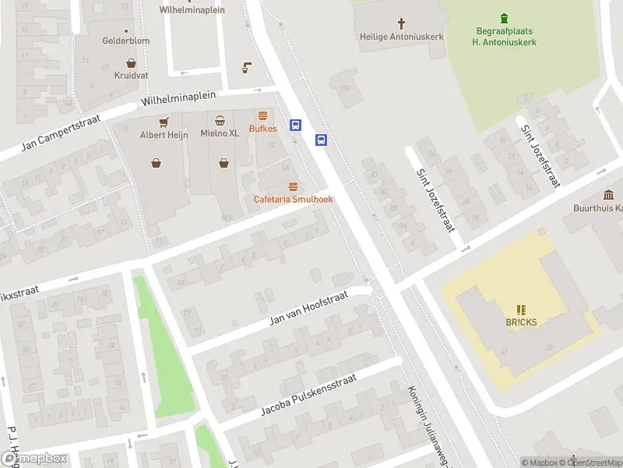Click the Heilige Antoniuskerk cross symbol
pos(402,23)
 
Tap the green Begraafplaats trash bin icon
pos(504,18)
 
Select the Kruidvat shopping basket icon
pos(131,64)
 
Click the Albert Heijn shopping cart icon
pos(164,122)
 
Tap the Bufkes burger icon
pos(262,115)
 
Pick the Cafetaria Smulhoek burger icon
pos(293,186)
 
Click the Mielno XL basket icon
pos(220,120)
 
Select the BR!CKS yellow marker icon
pos(520,310)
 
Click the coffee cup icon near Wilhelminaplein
pos(247,67)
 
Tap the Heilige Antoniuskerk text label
pos(402,36)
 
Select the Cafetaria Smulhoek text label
pos(293,200)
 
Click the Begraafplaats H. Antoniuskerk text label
pos(504,36)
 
